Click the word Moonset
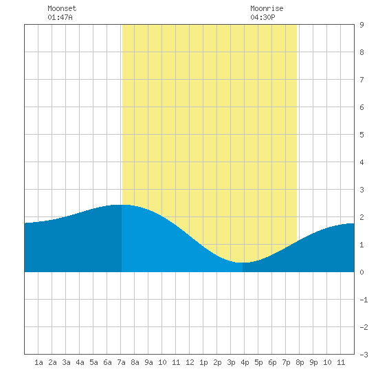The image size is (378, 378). click(62, 8)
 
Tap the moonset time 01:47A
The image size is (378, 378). click(60, 17)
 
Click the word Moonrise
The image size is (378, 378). click(267, 8)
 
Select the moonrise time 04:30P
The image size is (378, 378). click(263, 17)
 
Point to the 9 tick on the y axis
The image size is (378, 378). click(362, 25)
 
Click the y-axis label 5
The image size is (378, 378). click(362, 135)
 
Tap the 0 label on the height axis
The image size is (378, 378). click(362, 272)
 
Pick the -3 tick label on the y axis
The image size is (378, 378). click(364, 355)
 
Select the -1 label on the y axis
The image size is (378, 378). click(364, 300)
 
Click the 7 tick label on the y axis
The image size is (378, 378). click(362, 80)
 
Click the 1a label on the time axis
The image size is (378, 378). click(38, 362)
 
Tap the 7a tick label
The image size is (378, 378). click(121, 362)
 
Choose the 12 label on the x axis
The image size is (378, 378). click(190, 362)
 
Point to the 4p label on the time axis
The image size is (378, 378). click(245, 362)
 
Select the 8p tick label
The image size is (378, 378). click(300, 362)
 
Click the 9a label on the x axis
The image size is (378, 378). click(148, 362)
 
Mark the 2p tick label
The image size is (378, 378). click(217, 362)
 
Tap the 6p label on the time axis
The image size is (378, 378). click(272, 362)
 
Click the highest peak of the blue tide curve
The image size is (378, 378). click(120, 205)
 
